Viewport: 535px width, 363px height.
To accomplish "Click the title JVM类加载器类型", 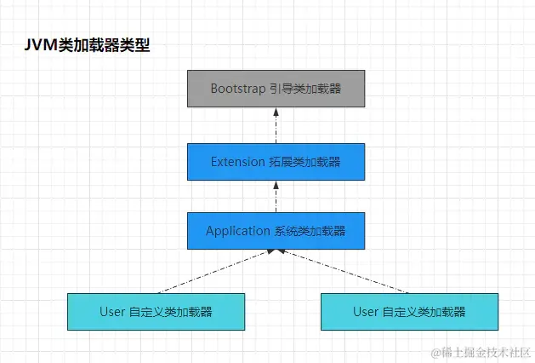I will click(88, 46).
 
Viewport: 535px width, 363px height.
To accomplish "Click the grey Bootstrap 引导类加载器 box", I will click(276, 89).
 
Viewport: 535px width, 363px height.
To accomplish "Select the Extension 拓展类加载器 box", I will click(276, 161).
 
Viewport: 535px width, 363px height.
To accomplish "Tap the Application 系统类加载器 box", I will click(276, 231).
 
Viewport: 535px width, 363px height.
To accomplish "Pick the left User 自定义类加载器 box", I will click(156, 311).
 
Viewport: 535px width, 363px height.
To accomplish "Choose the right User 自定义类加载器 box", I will click(410, 311).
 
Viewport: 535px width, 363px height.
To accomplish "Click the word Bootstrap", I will click(236, 89).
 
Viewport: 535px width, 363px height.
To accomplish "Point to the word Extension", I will click(237, 161).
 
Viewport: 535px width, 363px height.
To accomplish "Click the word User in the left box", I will click(111, 311).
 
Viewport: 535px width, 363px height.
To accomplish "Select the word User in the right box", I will click(366, 311).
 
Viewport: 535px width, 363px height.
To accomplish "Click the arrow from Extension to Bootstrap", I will click(276, 126).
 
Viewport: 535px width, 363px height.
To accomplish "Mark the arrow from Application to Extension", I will click(276, 197).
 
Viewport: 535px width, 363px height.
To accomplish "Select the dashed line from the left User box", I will click(213, 272).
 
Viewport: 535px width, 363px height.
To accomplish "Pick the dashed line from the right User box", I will click(340, 272).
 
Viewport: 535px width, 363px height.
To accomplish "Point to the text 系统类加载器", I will click(310, 231).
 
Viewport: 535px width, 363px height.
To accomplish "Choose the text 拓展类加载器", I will click(305, 161).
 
